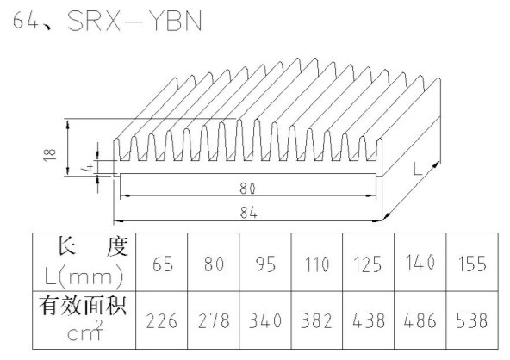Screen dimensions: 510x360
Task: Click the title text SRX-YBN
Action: pyautogui.click(x=134, y=21)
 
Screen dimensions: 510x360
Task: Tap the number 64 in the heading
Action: pyautogui.click(x=25, y=20)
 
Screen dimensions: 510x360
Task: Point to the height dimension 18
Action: pyautogui.click(x=50, y=154)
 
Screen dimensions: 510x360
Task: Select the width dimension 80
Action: pyautogui.click(x=248, y=189)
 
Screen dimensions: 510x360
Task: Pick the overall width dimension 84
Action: pyautogui.click(x=249, y=213)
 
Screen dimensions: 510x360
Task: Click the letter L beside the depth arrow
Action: pyautogui.click(x=417, y=169)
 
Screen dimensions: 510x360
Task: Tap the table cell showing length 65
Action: pyautogui.click(x=163, y=264)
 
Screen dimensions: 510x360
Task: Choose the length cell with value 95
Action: pyautogui.click(x=265, y=264)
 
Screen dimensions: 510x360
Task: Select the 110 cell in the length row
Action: pyautogui.click(x=317, y=264)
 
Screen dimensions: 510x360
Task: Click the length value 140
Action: pyautogui.click(x=420, y=262)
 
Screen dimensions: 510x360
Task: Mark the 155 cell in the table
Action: pyautogui.click(x=472, y=264)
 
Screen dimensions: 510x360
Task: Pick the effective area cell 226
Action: pyautogui.click(x=162, y=320)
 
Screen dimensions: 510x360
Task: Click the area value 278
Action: pyautogui.click(x=214, y=320)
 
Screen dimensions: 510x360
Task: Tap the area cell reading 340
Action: pyautogui.click(x=265, y=320)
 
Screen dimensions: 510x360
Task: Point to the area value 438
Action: pyautogui.click(x=369, y=320)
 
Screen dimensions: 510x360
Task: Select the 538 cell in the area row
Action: pyautogui.click(x=472, y=320)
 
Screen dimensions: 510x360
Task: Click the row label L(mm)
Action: pyautogui.click(x=84, y=276)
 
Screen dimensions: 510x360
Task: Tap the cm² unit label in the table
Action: pyautogui.click(x=85, y=331)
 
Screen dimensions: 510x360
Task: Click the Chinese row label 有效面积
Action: pyautogui.click(x=83, y=306)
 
